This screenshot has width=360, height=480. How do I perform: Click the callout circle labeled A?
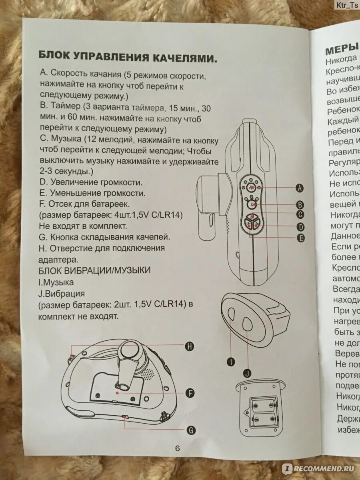point(300,187)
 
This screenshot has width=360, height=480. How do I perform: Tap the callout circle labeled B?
point(300,204)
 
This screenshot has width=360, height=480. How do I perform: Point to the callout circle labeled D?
point(300,227)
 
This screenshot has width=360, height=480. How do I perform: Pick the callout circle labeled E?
point(300,238)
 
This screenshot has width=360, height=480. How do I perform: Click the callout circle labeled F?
point(190,393)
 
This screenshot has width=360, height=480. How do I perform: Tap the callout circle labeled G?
point(191,430)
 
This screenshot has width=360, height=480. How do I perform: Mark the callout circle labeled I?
point(231,362)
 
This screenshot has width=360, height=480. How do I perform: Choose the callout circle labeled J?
point(247,374)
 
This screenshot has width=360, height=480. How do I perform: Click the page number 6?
point(177,448)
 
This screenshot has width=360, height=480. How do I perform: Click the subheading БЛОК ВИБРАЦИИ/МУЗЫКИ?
point(94,271)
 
